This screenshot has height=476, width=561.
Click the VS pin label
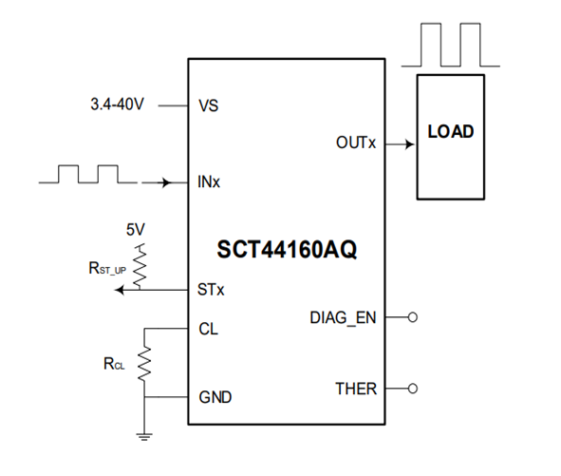coord(208,105)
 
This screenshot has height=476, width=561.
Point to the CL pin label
coord(208,330)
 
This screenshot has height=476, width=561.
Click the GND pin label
coord(214,396)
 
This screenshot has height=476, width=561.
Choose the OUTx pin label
coord(356,143)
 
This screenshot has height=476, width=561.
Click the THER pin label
coord(355,389)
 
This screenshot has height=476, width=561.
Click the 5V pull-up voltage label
coord(136,230)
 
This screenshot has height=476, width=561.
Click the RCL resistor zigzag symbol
coord(144,362)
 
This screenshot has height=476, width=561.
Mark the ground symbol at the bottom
coord(144,437)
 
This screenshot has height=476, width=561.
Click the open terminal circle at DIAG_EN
coord(412,317)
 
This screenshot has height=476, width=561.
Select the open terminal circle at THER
coord(412,389)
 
